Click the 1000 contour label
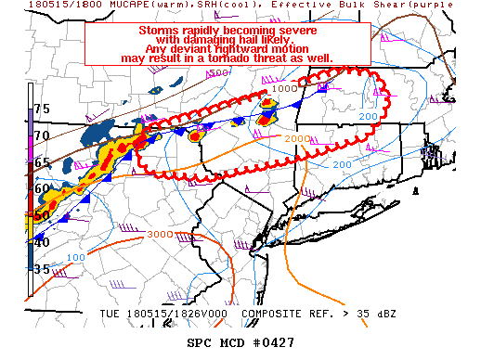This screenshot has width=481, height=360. (286, 88)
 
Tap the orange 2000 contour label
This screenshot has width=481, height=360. (297, 138)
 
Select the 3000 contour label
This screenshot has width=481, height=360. (160, 233)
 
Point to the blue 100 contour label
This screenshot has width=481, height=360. (77, 257)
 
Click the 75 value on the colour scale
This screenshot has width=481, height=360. (42, 109)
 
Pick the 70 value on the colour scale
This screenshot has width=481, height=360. (42, 135)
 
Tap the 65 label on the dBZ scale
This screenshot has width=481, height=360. (42, 162)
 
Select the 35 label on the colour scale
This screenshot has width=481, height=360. (42, 269)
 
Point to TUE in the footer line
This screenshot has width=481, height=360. (110, 314)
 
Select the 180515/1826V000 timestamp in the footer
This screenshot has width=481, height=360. (175, 314)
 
